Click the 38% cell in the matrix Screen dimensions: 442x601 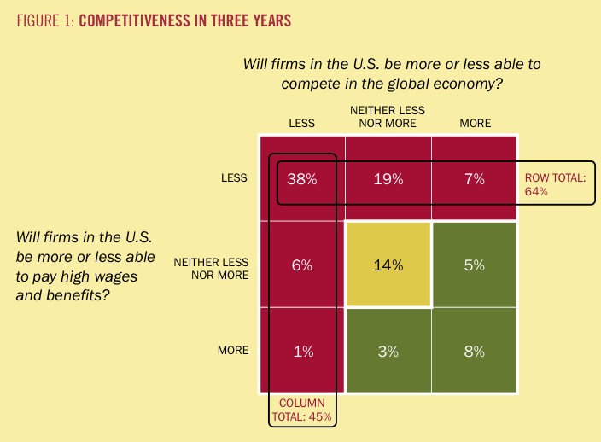[x=301, y=179]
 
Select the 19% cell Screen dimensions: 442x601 [x=388, y=179]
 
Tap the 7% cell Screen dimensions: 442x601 [x=475, y=179]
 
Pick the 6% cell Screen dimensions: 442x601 [x=301, y=265]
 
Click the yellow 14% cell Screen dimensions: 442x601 [x=388, y=265]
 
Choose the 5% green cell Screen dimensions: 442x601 [x=475, y=265]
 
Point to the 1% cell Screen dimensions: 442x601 [x=301, y=351]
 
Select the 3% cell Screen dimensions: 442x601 [x=388, y=351]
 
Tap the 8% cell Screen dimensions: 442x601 [x=475, y=351]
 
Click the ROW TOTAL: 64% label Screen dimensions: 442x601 [x=554, y=184]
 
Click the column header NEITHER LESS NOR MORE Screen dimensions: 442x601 [x=388, y=117]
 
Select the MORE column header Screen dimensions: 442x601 [x=475, y=123]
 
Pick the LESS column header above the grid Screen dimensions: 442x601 [x=301, y=123]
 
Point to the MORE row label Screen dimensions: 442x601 [x=232, y=351]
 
